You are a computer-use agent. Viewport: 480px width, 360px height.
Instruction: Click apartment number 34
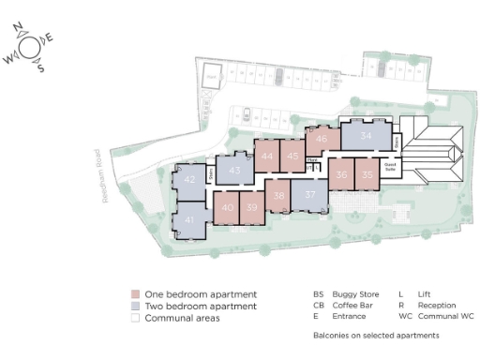(x=366, y=137)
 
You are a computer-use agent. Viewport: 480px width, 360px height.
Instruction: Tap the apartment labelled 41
(x=189, y=219)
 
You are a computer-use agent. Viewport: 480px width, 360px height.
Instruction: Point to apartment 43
(x=235, y=171)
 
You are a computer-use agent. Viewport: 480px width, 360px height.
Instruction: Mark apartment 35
(x=368, y=174)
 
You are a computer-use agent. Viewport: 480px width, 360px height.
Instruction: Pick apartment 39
(x=251, y=208)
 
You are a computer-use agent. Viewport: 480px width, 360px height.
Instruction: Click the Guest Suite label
(x=391, y=169)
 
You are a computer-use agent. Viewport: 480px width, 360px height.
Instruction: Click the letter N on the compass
(x=28, y=29)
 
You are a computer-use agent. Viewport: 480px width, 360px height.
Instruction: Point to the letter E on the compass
(x=50, y=38)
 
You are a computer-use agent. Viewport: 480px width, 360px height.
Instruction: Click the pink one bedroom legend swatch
(x=135, y=294)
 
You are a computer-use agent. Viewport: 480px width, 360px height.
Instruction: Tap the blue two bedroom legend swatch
(x=135, y=307)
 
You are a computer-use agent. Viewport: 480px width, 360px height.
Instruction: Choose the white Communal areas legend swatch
(x=135, y=319)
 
